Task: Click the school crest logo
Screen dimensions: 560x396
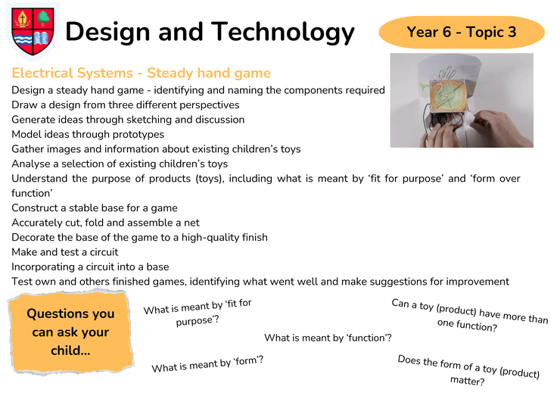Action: [x=33, y=32]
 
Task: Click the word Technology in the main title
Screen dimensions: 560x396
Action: [x=283, y=33]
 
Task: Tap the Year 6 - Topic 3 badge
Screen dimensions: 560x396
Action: [x=462, y=32]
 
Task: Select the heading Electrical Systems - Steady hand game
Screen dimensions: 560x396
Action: [x=141, y=73]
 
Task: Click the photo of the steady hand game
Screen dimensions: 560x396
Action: [x=462, y=101]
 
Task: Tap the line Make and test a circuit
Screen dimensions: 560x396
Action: [x=64, y=252]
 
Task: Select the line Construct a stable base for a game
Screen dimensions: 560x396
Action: [x=95, y=208]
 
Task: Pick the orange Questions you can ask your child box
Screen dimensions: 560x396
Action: [x=70, y=332]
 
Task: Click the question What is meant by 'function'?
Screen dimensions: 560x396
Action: [x=328, y=338]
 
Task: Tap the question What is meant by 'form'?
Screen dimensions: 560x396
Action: [x=207, y=364]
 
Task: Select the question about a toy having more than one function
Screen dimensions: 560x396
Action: [x=469, y=315]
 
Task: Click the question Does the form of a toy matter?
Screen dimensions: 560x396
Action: [x=468, y=370]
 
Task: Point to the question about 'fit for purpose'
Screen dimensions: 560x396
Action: [x=198, y=313]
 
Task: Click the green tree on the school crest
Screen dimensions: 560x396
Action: [x=43, y=17]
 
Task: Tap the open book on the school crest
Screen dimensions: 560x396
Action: [x=42, y=39]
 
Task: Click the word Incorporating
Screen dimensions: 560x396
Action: [x=43, y=267]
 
